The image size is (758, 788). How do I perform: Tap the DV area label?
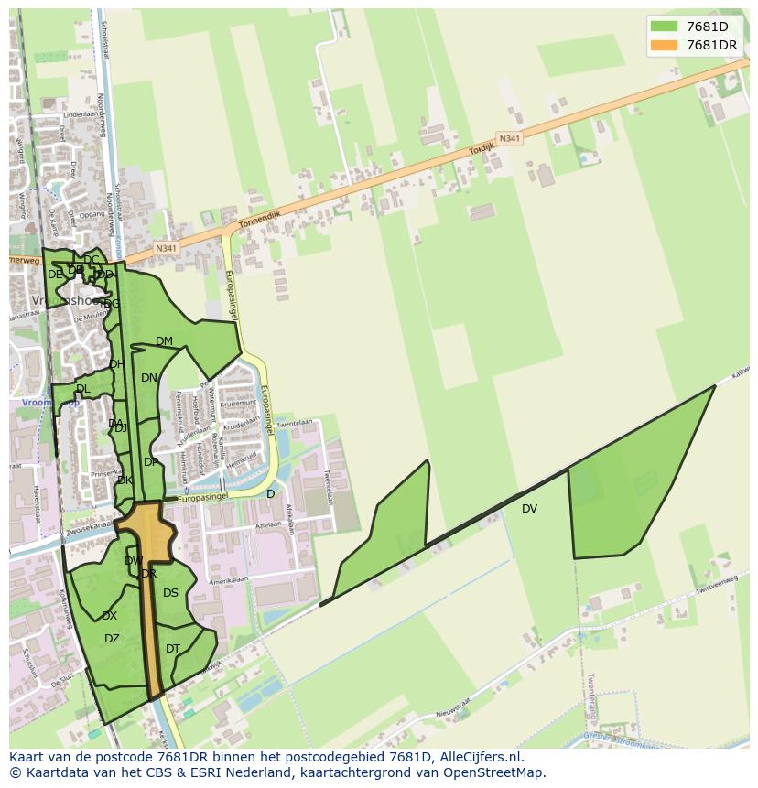coord(529,509)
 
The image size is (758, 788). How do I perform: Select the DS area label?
coord(170,593)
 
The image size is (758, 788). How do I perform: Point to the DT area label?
coord(173,649)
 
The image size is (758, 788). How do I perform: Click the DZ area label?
coord(112,639)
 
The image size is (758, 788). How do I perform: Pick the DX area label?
coord(109,616)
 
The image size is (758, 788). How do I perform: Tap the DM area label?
coord(164,341)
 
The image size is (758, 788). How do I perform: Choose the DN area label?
coord(149,378)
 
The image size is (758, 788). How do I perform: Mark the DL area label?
coord(83,389)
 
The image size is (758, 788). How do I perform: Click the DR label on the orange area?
coord(149,574)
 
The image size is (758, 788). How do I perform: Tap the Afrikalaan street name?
coord(288,519)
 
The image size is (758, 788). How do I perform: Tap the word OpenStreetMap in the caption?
coord(493,773)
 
